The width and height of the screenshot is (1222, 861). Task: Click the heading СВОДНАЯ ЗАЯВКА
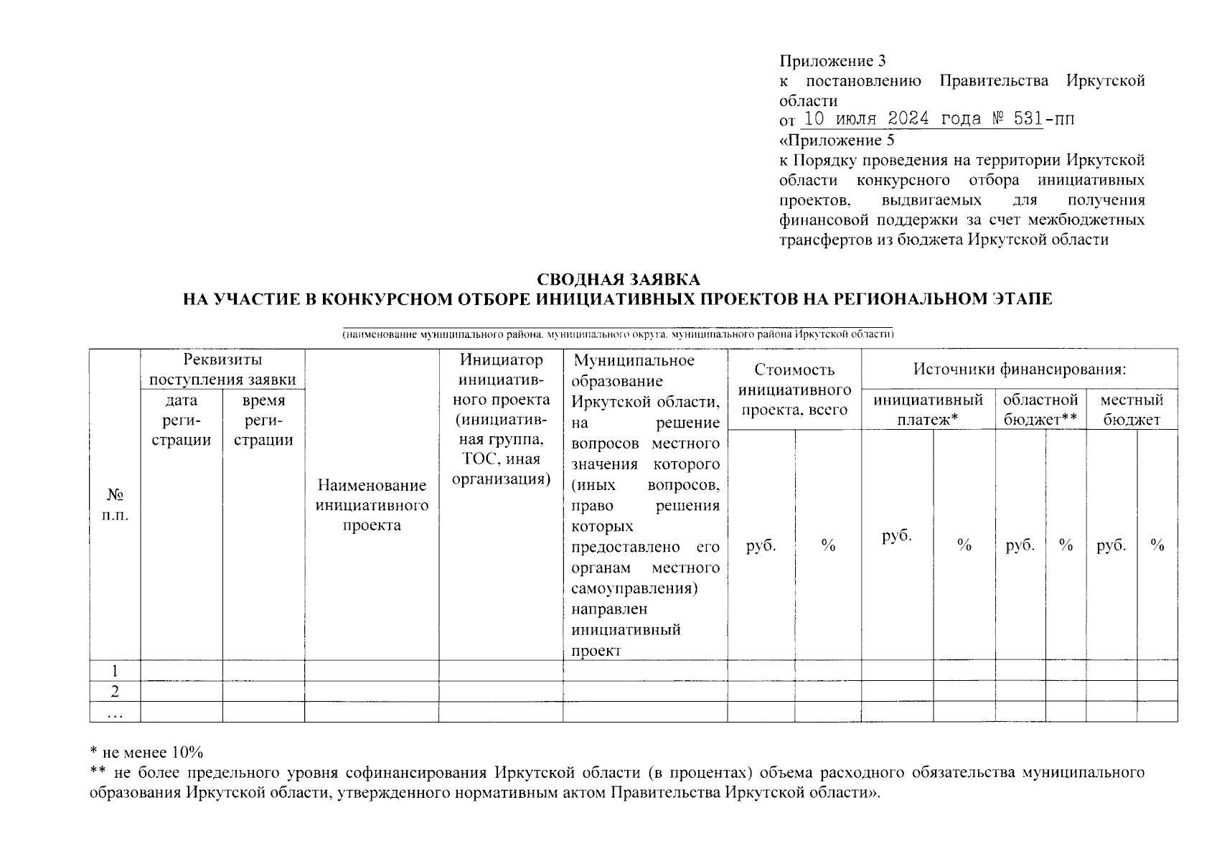pyautogui.click(x=618, y=279)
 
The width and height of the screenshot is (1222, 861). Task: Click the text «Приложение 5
pyautogui.click(x=837, y=140)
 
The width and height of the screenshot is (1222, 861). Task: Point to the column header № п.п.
pyautogui.click(x=115, y=505)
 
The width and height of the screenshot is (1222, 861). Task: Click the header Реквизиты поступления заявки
pyautogui.click(x=222, y=369)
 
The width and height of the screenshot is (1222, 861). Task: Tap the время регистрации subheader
pyautogui.click(x=263, y=420)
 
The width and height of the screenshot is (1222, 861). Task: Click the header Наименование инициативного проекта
pyautogui.click(x=372, y=505)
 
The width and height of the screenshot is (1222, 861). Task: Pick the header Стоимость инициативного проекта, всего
pyautogui.click(x=794, y=390)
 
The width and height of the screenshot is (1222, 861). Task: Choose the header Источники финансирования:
pyautogui.click(x=1019, y=370)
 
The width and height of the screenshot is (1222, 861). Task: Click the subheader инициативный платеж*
pyautogui.click(x=928, y=410)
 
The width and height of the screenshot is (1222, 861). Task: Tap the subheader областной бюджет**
pyautogui.click(x=1040, y=410)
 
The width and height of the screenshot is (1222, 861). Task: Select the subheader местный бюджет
pyautogui.click(x=1132, y=410)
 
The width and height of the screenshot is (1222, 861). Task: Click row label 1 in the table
pyautogui.click(x=115, y=671)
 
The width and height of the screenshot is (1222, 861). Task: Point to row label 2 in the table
pyautogui.click(x=115, y=691)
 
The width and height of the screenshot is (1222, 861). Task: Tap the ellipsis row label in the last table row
pyautogui.click(x=115, y=712)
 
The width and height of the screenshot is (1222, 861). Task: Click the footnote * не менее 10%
pyautogui.click(x=146, y=752)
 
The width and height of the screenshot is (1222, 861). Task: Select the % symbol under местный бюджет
pyautogui.click(x=1157, y=546)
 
